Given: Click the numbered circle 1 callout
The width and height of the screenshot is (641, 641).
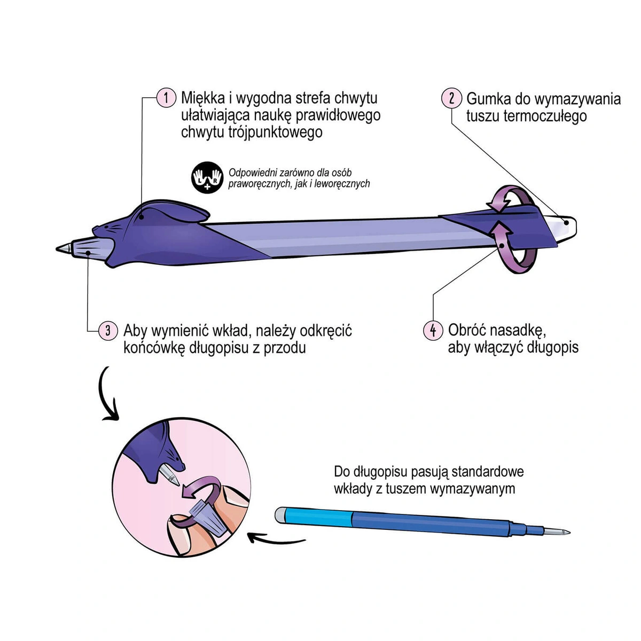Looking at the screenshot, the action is [x=166, y=97].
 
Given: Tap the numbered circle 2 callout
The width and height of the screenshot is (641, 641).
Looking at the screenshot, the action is [x=451, y=98].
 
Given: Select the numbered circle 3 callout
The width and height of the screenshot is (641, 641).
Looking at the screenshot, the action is [x=108, y=331].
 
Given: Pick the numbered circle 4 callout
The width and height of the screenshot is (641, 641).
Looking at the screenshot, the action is [x=433, y=330].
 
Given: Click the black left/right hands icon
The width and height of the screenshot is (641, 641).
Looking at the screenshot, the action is [x=207, y=177].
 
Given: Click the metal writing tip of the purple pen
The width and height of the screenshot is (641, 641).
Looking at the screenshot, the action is [x=64, y=248].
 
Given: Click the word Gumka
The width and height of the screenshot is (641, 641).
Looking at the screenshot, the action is [x=488, y=99].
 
